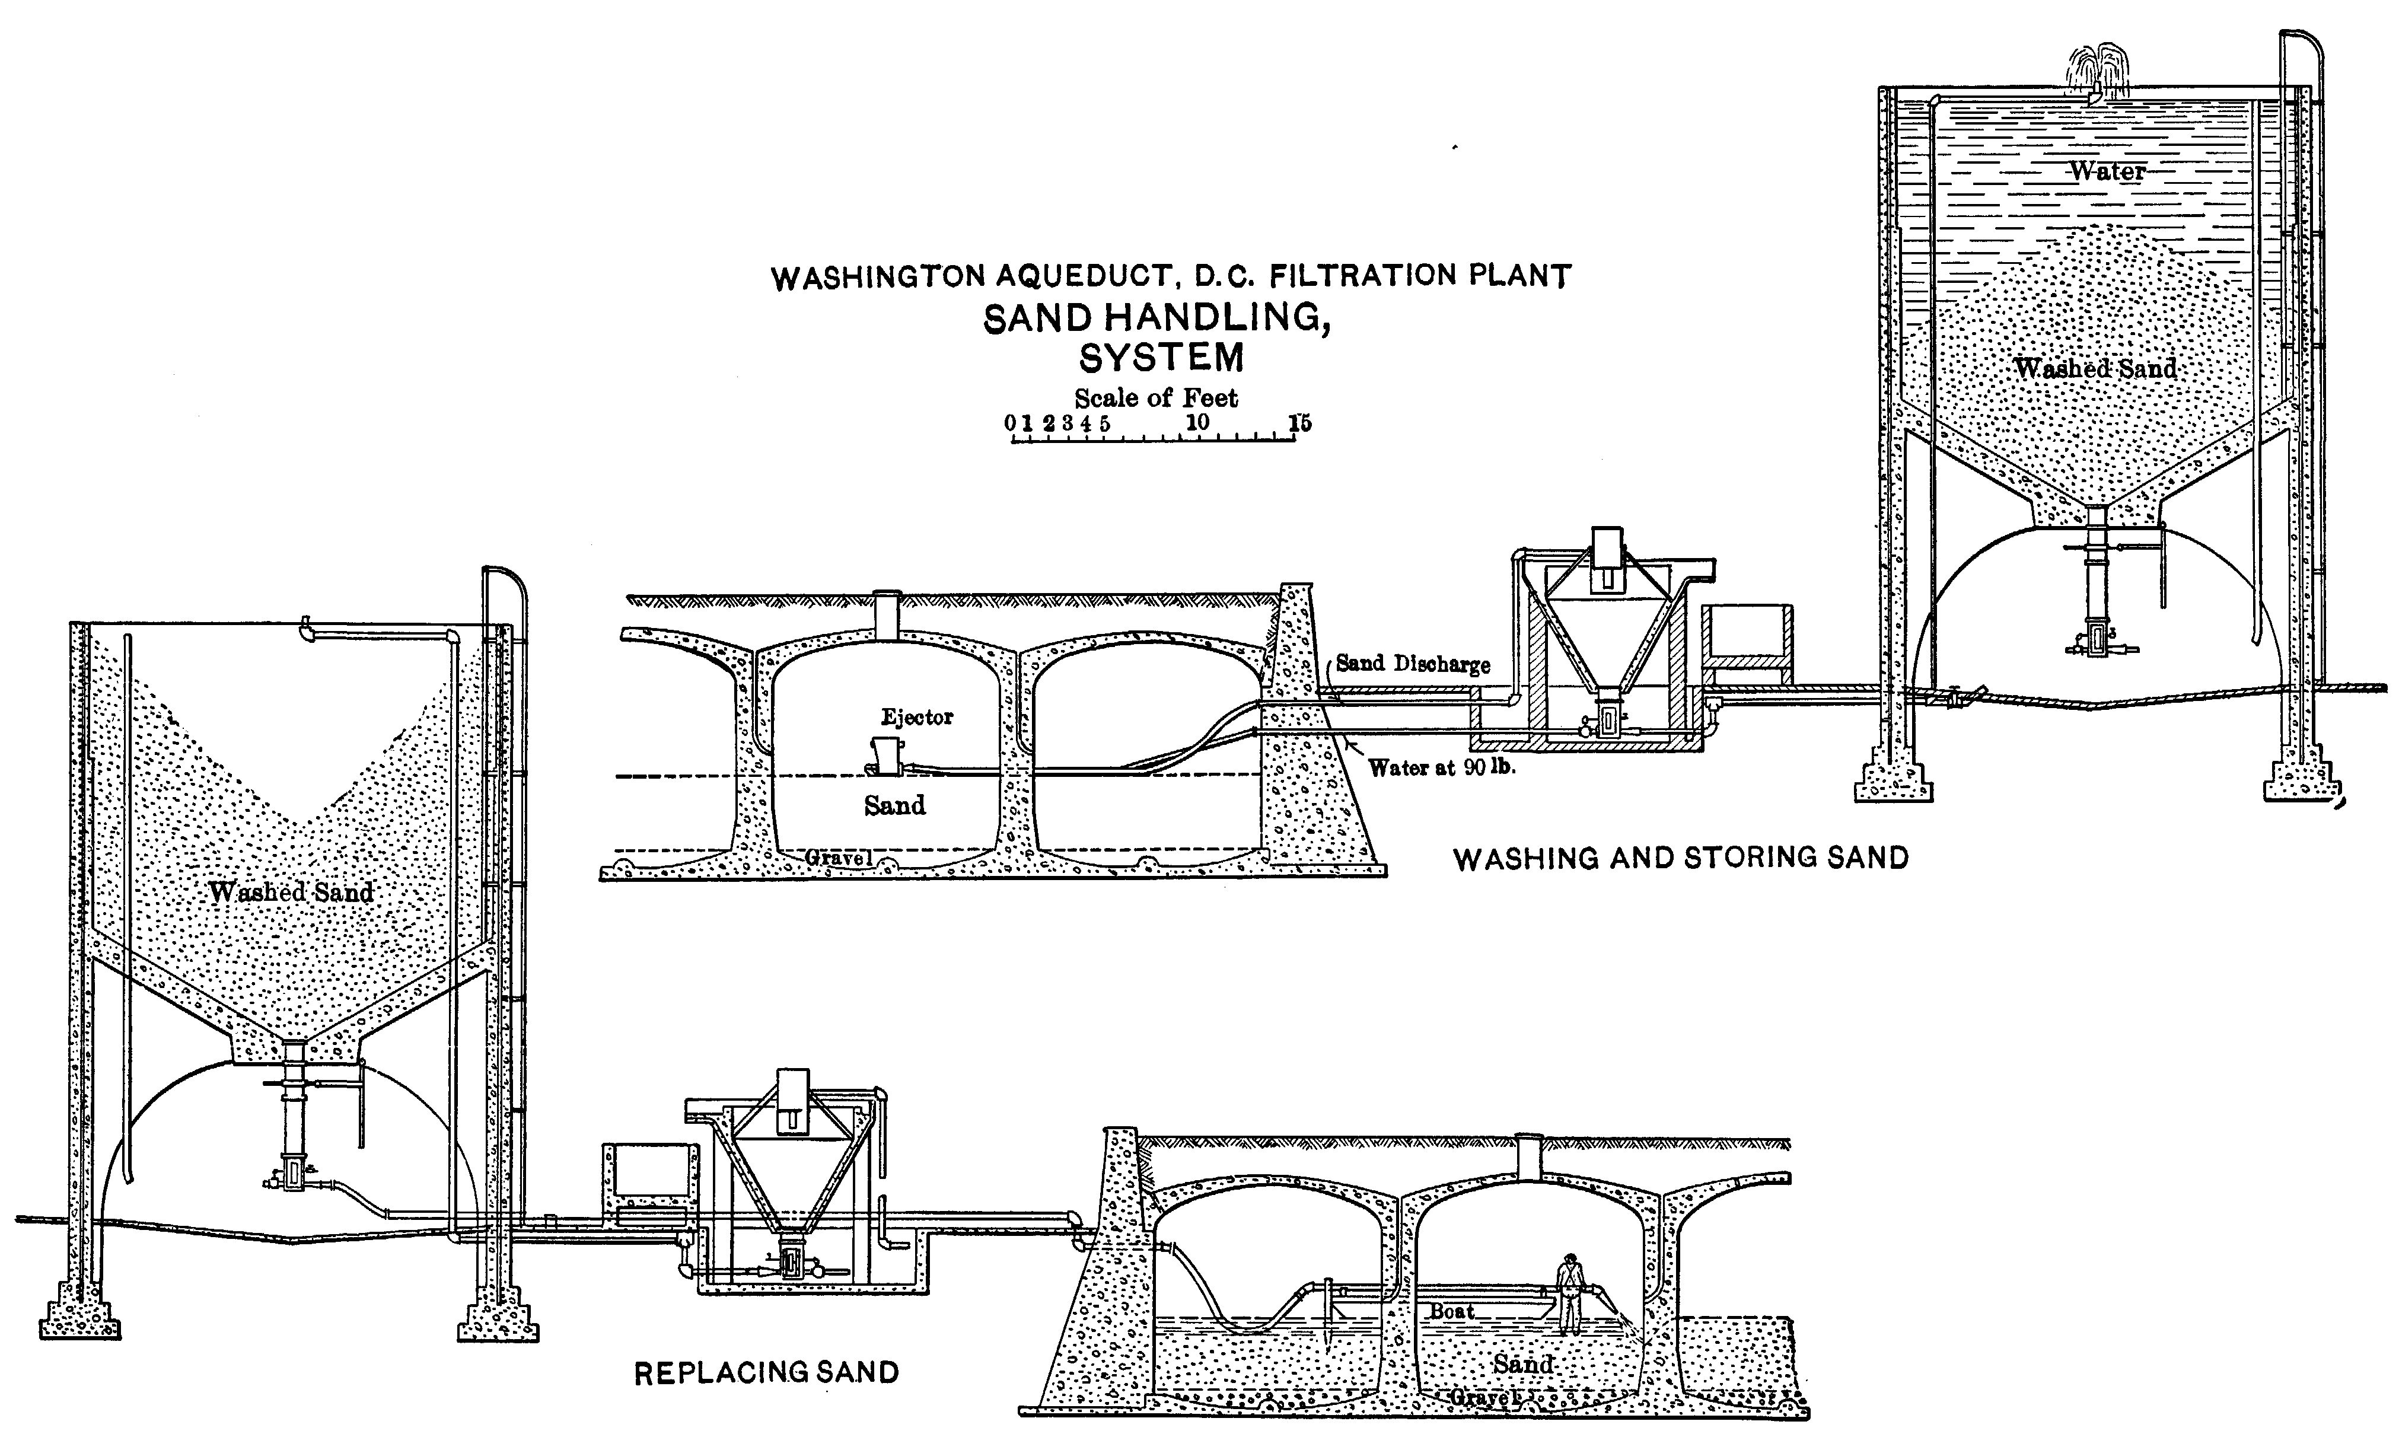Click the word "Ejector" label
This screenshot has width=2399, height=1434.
(916, 717)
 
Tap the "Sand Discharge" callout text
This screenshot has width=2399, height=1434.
(1413, 664)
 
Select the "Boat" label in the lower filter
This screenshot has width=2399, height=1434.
(1451, 1311)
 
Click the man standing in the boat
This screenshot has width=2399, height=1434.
(1570, 1294)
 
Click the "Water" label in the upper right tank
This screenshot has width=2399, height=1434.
(2106, 172)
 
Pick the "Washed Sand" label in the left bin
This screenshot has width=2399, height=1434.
(291, 892)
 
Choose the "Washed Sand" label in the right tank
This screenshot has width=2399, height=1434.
(2095, 369)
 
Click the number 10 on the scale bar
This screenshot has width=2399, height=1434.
(1197, 422)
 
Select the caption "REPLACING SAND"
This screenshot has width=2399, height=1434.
(766, 1372)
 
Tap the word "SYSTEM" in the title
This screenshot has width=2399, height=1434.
(1161, 358)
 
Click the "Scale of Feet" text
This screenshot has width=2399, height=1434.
(1155, 397)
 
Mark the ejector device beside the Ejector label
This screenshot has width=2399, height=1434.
(886, 755)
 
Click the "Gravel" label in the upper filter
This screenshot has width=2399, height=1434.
(837, 857)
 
